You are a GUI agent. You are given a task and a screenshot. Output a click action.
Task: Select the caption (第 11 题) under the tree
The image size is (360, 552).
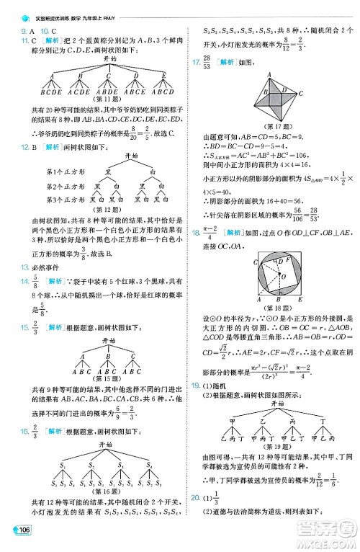tap(94, 99)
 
